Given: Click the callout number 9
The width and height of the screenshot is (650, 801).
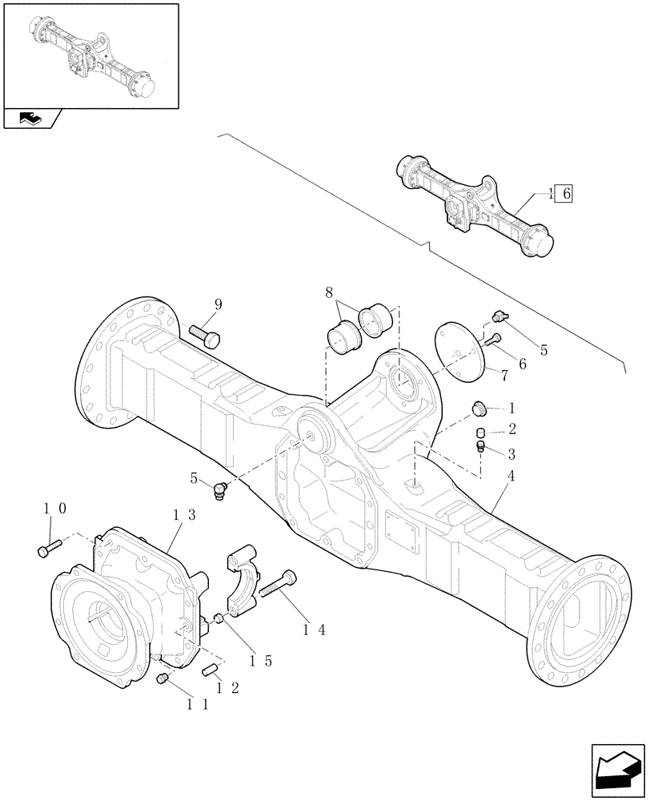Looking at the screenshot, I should tap(218, 304).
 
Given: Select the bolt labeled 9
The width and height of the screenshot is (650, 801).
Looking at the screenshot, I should tap(205, 336).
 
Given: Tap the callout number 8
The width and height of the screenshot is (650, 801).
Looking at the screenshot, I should tap(330, 293).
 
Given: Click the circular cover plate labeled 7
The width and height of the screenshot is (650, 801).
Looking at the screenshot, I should tap(460, 349).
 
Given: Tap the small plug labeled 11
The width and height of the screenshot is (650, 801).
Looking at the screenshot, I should tap(162, 679).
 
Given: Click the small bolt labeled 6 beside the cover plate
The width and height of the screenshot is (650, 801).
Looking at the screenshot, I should tap(491, 341).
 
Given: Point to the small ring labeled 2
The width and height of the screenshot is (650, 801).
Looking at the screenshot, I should tap(482, 433).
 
